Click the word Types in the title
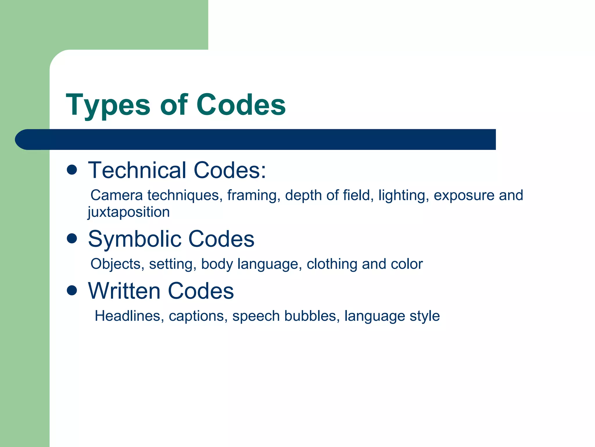pyautogui.click(x=108, y=105)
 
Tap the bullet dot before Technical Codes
pyautogui.click(x=72, y=170)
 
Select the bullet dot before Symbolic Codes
pyautogui.click(x=72, y=239)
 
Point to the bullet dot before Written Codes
pyautogui.click(x=72, y=290)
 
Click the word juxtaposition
pyautogui.click(x=129, y=212)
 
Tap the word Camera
pyautogui.click(x=117, y=195)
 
